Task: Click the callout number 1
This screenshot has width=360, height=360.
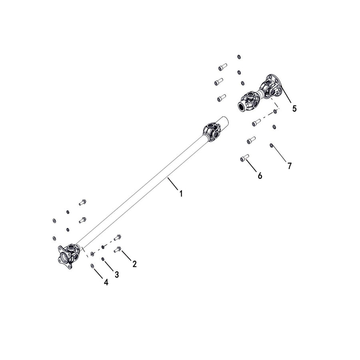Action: tap(181, 194)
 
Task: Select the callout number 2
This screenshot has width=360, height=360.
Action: tap(134, 264)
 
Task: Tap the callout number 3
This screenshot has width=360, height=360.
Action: tap(117, 274)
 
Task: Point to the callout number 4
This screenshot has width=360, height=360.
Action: tap(106, 282)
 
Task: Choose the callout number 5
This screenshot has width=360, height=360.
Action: tap(294, 108)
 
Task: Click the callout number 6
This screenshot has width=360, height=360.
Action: tap(260, 176)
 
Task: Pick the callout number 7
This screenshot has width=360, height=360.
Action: tap(290, 166)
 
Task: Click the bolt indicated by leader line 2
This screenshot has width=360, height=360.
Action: tap(117, 250)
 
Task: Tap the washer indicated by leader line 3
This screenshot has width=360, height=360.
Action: tap(103, 259)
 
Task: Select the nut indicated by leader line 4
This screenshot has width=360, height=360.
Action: tap(92, 266)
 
